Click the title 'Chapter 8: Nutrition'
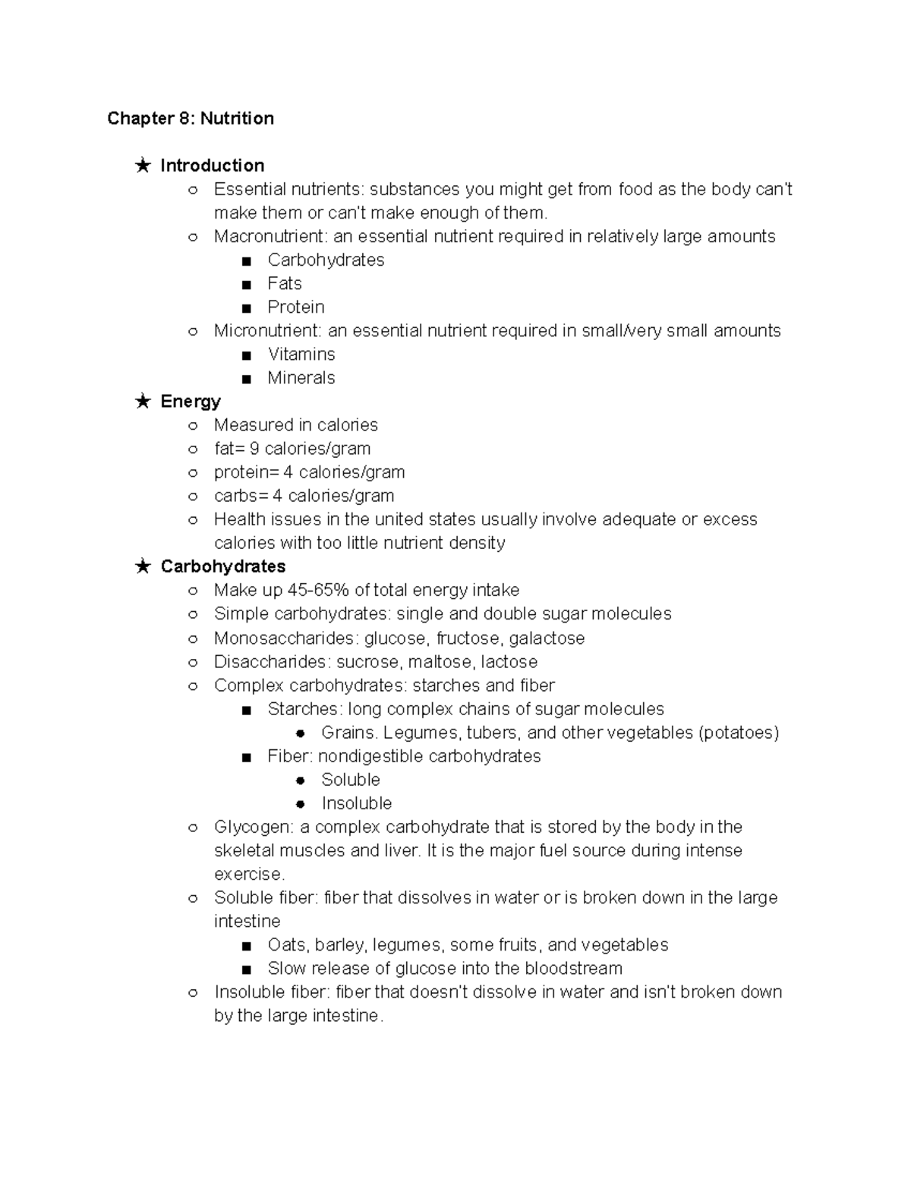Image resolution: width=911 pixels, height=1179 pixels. [191, 118]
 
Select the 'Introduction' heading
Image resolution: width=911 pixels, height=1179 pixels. [212, 166]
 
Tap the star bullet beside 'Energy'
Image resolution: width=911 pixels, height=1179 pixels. [143, 402]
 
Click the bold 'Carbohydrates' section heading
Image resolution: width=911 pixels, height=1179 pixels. [222, 566]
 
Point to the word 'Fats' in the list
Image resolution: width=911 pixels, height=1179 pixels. [284, 283]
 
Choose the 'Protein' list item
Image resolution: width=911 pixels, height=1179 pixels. [295, 307]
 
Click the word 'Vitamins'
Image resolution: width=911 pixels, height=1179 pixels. [301, 355]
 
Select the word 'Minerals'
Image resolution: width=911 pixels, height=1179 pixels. [301, 378]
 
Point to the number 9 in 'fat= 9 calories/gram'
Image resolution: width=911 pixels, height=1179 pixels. [254, 449]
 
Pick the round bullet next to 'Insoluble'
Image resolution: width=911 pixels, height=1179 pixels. [301, 804]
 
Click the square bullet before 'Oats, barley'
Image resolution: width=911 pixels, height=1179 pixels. [246, 946]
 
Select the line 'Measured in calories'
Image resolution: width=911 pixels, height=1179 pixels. [295, 425]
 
